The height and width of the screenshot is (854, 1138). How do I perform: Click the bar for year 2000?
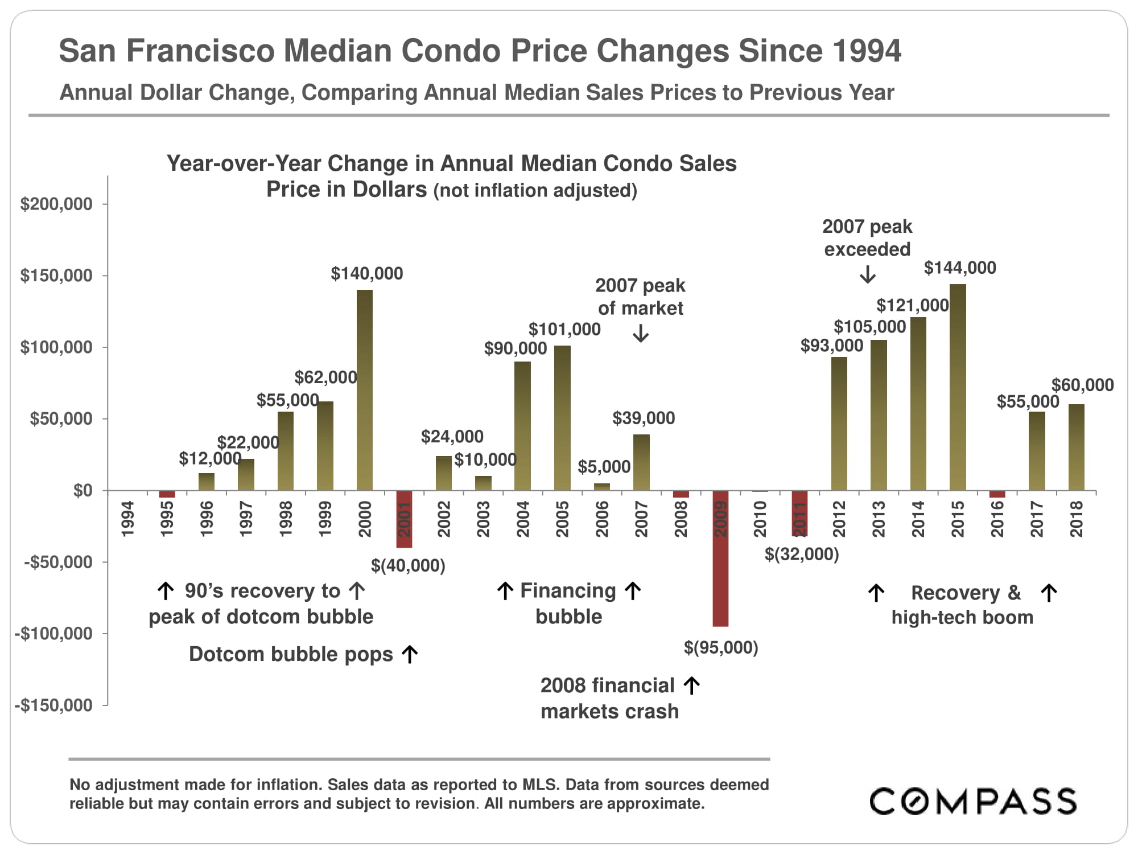click(365, 390)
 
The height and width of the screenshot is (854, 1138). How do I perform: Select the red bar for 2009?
click(720, 558)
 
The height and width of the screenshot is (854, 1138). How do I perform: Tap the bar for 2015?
click(958, 387)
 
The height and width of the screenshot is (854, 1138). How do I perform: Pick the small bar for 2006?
click(602, 487)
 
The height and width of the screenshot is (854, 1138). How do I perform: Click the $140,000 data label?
click(367, 274)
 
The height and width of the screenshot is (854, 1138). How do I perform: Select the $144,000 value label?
click(960, 268)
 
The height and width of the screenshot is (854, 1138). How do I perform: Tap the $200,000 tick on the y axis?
click(56, 204)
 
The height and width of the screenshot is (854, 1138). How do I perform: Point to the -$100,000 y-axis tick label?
click(54, 634)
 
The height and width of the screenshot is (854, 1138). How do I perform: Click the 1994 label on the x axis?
click(127, 519)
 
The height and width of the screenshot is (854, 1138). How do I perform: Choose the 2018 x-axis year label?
click(1076, 519)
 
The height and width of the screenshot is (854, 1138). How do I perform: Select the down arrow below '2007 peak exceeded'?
click(868, 276)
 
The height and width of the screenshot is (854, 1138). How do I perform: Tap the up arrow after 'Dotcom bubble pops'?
click(410, 655)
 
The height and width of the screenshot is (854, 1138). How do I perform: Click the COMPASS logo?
click(972, 801)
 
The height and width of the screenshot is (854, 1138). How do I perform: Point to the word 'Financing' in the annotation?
click(568, 591)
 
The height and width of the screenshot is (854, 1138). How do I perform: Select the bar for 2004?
click(522, 426)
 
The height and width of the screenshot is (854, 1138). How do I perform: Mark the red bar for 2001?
click(404, 519)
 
